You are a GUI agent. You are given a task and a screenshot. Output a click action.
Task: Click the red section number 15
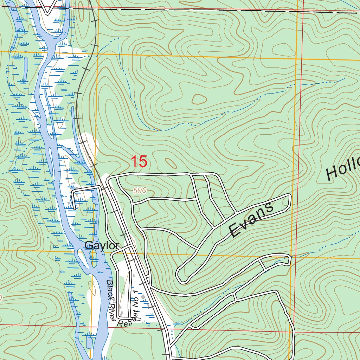pyautogui.click(x=139, y=162)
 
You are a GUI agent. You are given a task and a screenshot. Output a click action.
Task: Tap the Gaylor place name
pyautogui.click(x=102, y=246)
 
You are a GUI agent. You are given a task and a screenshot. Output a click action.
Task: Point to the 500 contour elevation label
pyautogui.click(x=140, y=191)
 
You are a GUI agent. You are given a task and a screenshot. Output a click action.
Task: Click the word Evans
pyautogui.click(x=251, y=220)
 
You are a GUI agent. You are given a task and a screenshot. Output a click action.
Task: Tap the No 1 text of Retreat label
pyautogui.click(x=135, y=299)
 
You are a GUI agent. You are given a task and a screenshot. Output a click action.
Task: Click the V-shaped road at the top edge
pyautogui.click(x=49, y=7)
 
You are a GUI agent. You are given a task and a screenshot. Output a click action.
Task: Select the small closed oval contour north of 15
pyautogui.click(x=199, y=99)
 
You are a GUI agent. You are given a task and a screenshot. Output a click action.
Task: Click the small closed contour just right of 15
pyautogui.click(x=171, y=163)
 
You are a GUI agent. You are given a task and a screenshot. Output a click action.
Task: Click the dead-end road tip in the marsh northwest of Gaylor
pyautogui.click(x=75, y=208)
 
